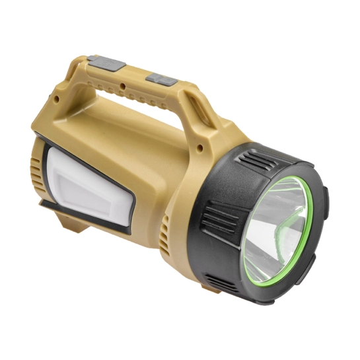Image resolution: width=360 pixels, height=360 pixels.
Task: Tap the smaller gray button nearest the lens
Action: [161, 78]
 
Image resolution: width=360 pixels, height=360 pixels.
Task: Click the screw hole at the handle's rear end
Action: [57, 100]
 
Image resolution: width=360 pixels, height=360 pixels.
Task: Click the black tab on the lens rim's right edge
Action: [326, 198]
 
